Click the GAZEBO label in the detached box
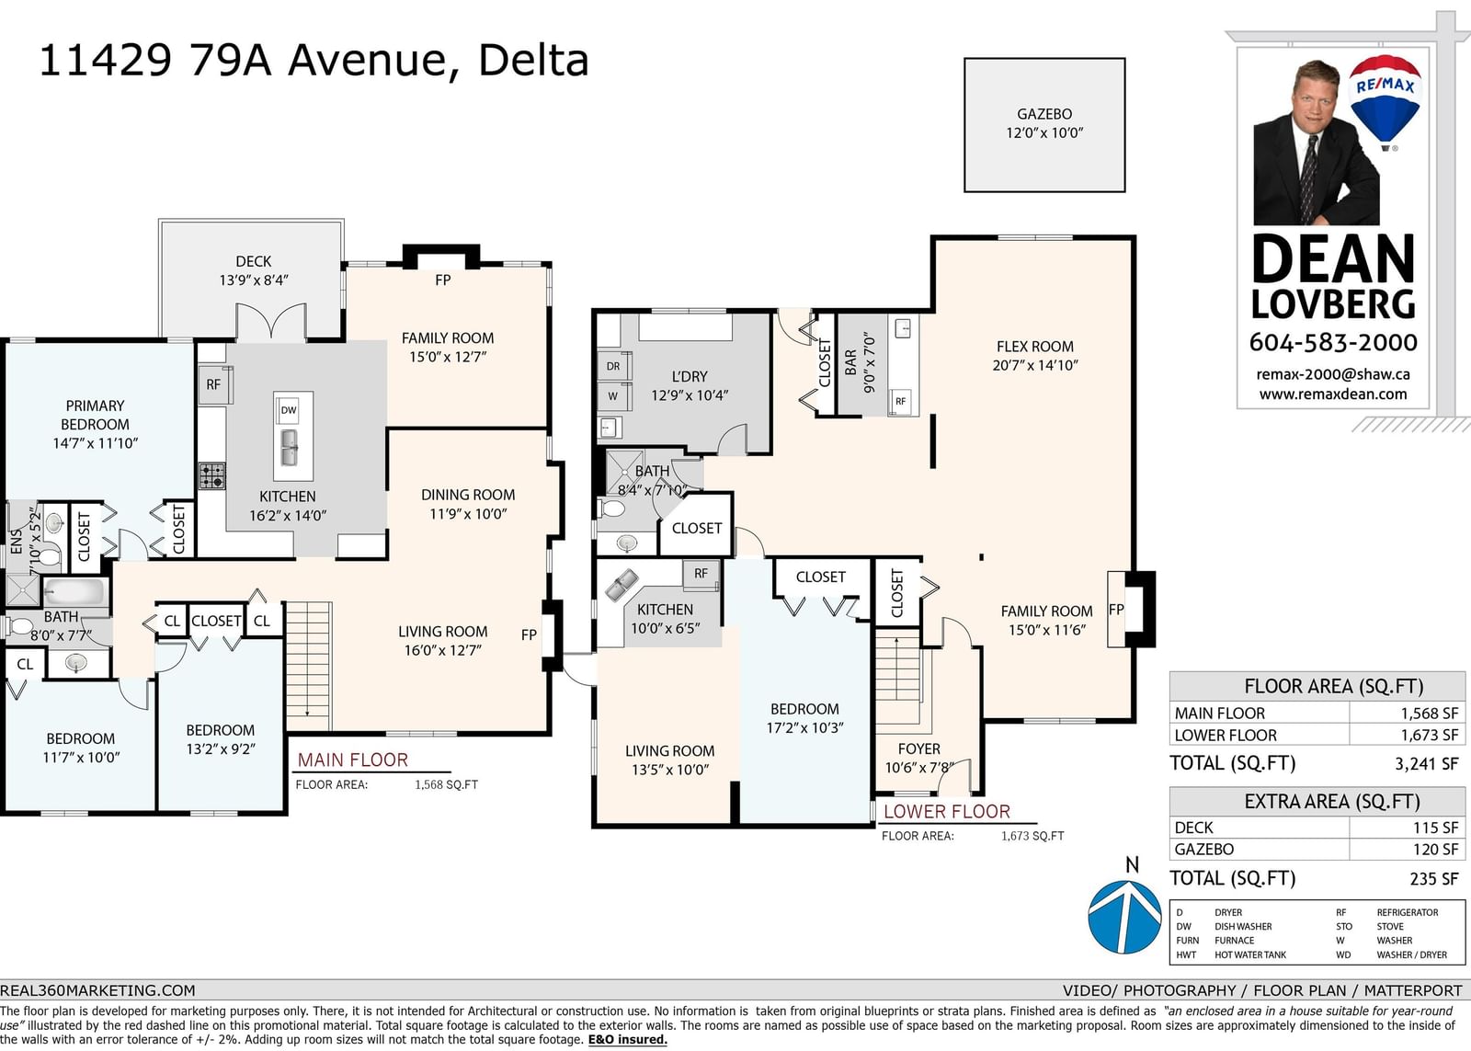pos(1044,114)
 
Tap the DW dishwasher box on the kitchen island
pos(289,410)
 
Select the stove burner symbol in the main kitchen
pos(211,476)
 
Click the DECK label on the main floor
pos(254,261)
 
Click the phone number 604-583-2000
pos(1333,342)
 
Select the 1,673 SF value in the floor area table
pos(1429,735)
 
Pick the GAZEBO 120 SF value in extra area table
pos(1435,850)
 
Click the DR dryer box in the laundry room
pos(613,366)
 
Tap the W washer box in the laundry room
pos(613,396)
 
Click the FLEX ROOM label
pos(1035,346)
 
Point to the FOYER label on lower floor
pos(918,748)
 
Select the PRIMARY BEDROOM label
pos(96,415)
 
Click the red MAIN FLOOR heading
pos(353,760)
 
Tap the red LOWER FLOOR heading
pos(947,811)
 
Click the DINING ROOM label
pos(468,495)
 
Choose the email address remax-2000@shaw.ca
pos(1333,373)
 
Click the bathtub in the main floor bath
pos(74,591)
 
